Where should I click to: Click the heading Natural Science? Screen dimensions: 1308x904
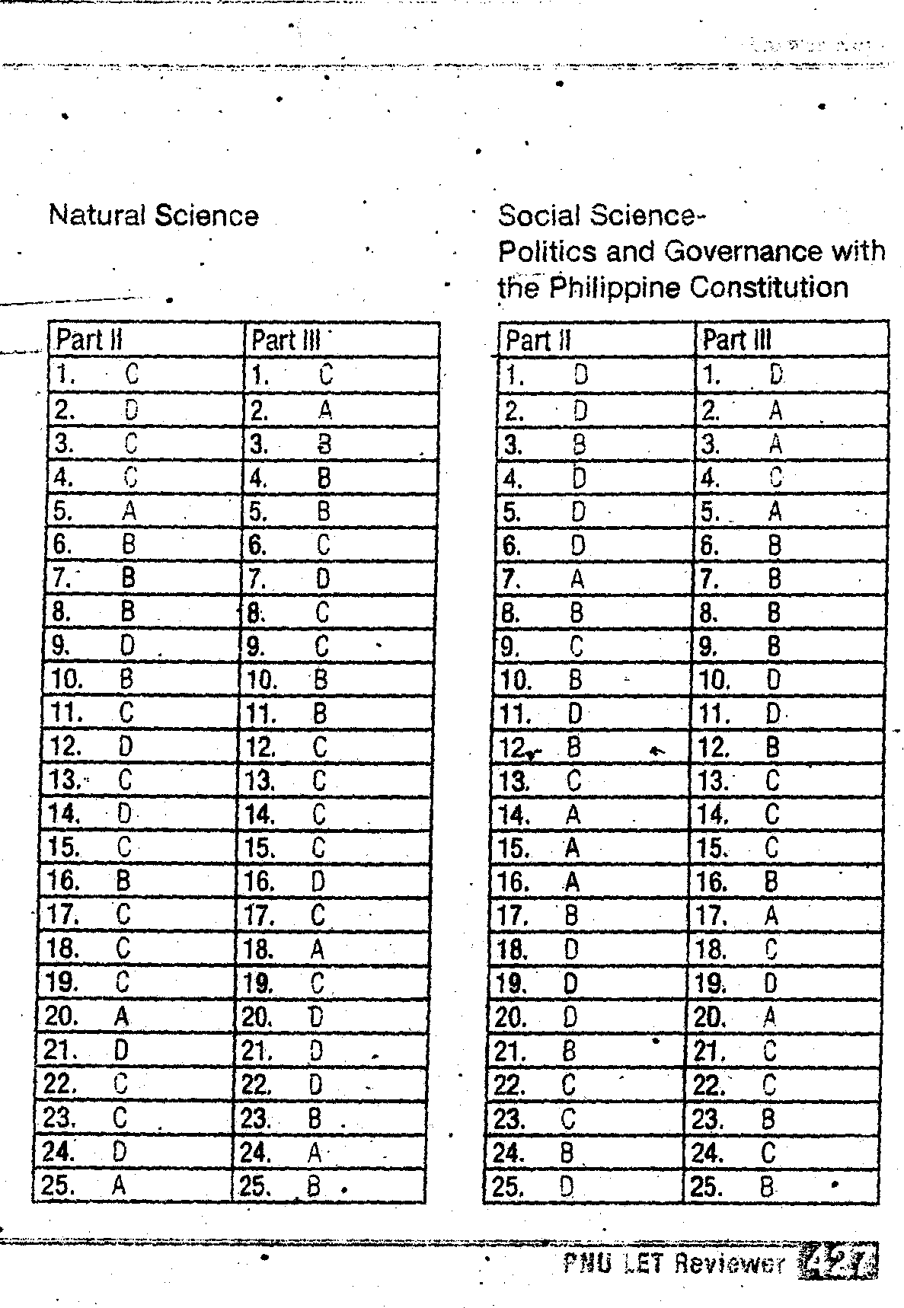pos(153,215)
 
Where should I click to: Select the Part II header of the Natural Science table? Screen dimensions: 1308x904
pos(90,340)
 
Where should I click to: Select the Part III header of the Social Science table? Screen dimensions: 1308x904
pos(736,340)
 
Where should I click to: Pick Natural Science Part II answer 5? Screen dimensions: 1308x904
pos(129,511)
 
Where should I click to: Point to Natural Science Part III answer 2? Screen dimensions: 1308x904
pos(325,410)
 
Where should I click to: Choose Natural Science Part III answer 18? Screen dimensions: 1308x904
pos(318,949)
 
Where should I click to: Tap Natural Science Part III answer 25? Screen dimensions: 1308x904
pos(313,1186)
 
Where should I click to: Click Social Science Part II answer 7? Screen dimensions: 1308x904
pos(577,579)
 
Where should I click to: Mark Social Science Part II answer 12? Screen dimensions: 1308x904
pos(574,747)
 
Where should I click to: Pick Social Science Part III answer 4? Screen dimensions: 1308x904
pos(775,477)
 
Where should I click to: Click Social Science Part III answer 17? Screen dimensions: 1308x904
pos(771,916)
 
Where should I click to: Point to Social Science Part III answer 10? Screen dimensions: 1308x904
pos(773,679)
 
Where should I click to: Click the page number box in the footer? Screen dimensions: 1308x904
pos(839,1262)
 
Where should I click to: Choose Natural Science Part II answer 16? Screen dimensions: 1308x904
pos(123,882)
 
